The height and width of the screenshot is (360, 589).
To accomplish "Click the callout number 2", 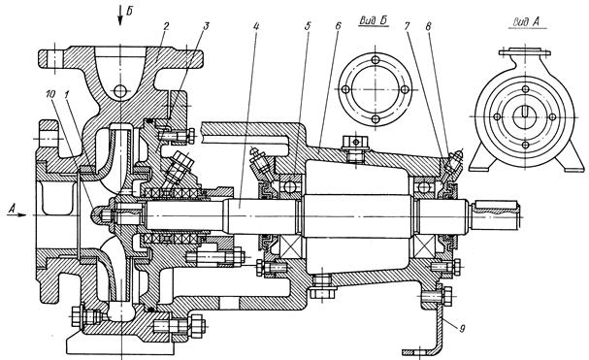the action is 166,26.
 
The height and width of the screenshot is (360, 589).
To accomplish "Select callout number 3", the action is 207,26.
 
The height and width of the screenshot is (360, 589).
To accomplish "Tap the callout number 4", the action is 256,26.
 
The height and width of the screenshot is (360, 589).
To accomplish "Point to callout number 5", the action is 308,26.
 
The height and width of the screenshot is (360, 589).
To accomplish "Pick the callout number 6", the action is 338,26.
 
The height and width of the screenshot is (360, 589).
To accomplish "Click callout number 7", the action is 407,26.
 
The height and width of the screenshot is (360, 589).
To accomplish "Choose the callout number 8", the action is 429,26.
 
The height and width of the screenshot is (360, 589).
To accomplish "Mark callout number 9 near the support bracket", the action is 462,329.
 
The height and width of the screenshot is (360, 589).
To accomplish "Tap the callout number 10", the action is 49,94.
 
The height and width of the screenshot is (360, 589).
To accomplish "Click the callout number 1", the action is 67,94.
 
